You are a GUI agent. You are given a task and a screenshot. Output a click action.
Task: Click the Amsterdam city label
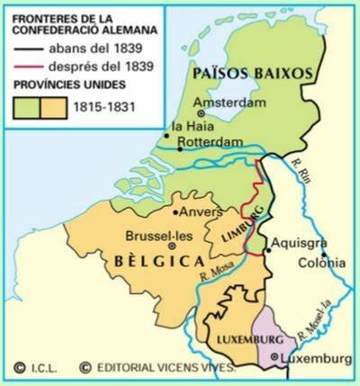pos(219,103)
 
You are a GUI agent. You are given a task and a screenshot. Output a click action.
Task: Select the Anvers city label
pos(194,213)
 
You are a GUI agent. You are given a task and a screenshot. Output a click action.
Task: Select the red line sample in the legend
pos(22,67)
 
